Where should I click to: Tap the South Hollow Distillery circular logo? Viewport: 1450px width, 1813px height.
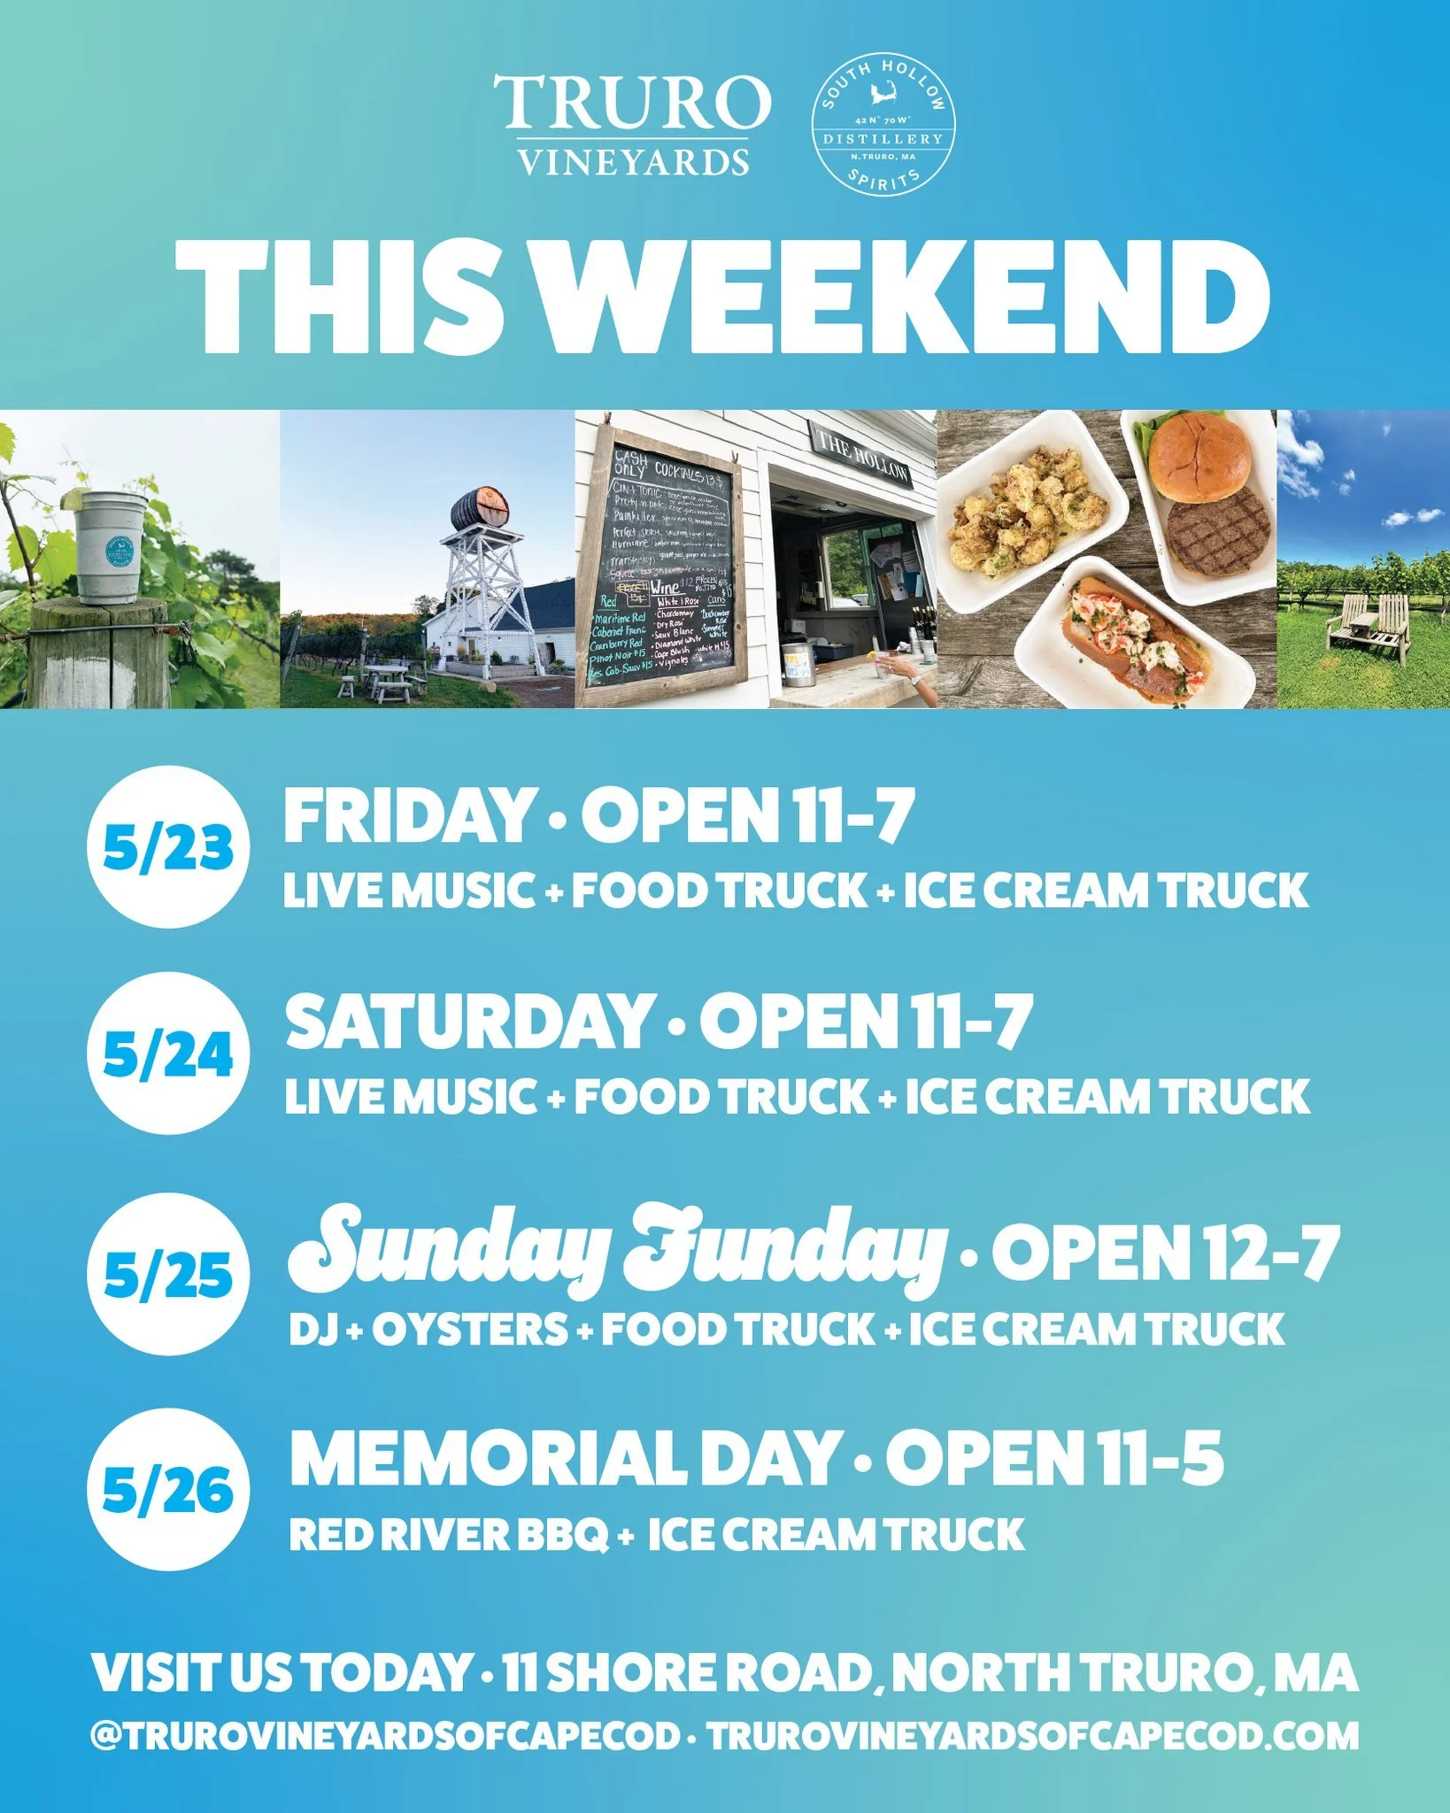883,125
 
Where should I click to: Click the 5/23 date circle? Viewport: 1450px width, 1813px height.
167,846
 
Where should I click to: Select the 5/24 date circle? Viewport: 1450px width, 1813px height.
167,1053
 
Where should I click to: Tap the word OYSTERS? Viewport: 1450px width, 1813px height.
470,1330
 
